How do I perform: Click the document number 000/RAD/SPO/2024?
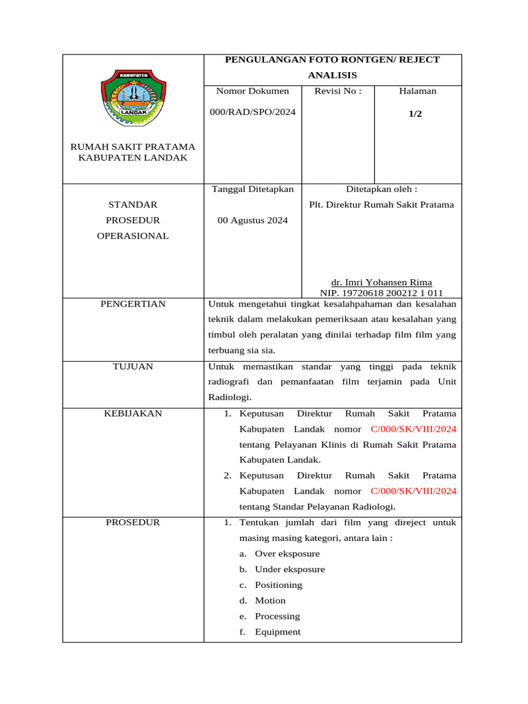click(252, 112)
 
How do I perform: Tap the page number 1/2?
click(415, 114)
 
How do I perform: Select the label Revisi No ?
click(338, 91)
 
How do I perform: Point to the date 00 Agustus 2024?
click(252, 221)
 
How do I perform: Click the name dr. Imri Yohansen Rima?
click(382, 283)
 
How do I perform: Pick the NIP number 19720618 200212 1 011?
click(382, 293)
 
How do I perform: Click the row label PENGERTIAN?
click(133, 304)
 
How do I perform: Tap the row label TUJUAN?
click(133, 366)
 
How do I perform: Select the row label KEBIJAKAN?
click(133, 413)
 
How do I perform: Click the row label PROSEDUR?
click(133, 522)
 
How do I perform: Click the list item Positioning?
click(278, 585)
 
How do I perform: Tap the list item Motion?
click(270, 600)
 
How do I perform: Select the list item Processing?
click(277, 616)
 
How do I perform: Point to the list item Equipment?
click(278, 632)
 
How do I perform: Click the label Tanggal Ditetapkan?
click(252, 189)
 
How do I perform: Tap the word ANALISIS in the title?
click(333, 75)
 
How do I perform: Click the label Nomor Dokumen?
click(252, 91)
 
